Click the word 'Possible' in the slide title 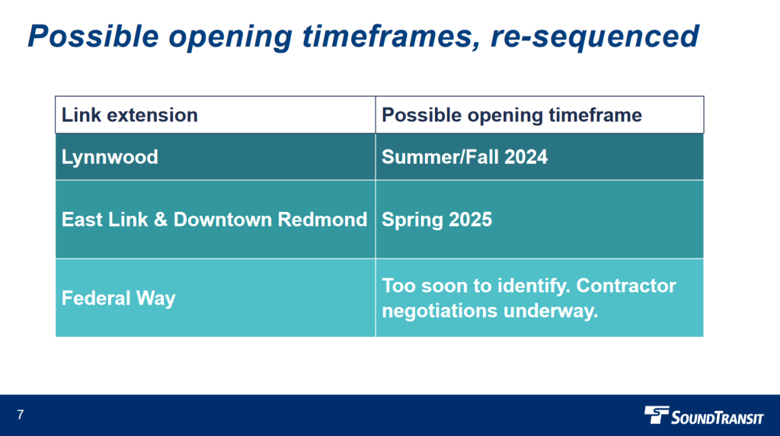click(93, 37)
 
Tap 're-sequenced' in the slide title click(594, 37)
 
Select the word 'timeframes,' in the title click(391, 37)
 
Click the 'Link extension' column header click(129, 115)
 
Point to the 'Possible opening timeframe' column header click(511, 115)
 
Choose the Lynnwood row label click(110, 157)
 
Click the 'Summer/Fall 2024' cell click(464, 157)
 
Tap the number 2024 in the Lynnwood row click(526, 157)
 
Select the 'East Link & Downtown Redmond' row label click(214, 220)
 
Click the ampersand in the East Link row click(161, 220)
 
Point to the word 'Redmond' click(322, 220)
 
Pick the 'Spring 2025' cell click(436, 220)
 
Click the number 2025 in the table click(471, 220)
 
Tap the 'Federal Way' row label click(118, 298)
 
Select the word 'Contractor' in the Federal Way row click(626, 286)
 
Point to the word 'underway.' click(551, 311)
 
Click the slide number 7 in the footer click(21, 415)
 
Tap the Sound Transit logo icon click(657, 415)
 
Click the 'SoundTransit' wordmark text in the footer click(718, 417)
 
